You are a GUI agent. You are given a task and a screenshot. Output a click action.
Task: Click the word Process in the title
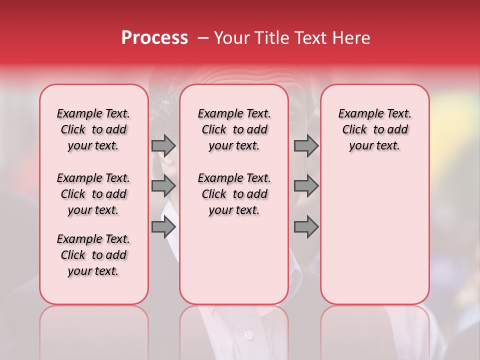(x=154, y=38)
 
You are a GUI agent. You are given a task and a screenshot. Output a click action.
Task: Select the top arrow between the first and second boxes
(x=163, y=145)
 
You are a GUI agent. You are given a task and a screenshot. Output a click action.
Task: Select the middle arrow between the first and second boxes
(x=163, y=186)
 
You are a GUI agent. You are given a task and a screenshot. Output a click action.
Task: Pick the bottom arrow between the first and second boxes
(x=163, y=227)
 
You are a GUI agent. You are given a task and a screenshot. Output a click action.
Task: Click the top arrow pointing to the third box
(x=306, y=145)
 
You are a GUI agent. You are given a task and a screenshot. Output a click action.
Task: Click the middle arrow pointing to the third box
(x=306, y=186)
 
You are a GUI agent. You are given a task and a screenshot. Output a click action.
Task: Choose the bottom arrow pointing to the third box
(x=306, y=227)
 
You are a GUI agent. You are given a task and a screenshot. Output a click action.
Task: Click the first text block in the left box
(x=93, y=129)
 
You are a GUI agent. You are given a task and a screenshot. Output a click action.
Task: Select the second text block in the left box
(x=93, y=194)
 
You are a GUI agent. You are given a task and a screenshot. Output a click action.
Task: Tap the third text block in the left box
(x=93, y=255)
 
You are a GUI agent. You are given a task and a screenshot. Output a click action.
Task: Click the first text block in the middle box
(x=234, y=129)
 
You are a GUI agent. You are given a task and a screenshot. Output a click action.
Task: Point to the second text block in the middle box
(x=234, y=194)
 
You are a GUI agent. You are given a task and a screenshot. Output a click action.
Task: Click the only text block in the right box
(x=374, y=129)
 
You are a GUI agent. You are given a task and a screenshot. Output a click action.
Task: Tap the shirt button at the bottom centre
(x=248, y=334)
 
